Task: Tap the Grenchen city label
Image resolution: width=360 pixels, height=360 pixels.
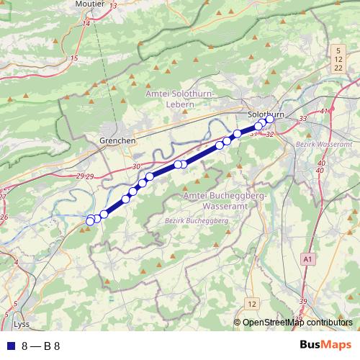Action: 117,141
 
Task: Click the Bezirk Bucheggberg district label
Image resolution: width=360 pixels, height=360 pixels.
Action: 197,220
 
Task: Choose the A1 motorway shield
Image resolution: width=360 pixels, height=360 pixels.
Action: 308,258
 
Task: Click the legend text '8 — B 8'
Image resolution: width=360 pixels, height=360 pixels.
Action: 41,346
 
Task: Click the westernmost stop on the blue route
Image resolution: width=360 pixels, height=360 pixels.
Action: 90,220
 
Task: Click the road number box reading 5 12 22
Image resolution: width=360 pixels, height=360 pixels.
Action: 338,58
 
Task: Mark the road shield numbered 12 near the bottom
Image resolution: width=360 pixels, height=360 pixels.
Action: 251,303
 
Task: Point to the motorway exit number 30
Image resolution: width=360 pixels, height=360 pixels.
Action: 136,167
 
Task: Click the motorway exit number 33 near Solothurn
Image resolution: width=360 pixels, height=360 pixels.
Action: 302,118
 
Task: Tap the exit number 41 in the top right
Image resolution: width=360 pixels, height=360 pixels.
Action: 323,111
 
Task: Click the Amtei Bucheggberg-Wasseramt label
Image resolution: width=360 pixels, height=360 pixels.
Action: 225,200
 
